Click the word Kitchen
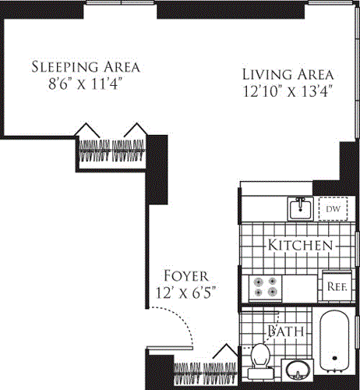(x=300, y=245)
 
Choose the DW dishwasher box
(x=332, y=209)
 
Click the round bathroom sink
(x=297, y=370)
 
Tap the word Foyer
(x=185, y=275)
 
